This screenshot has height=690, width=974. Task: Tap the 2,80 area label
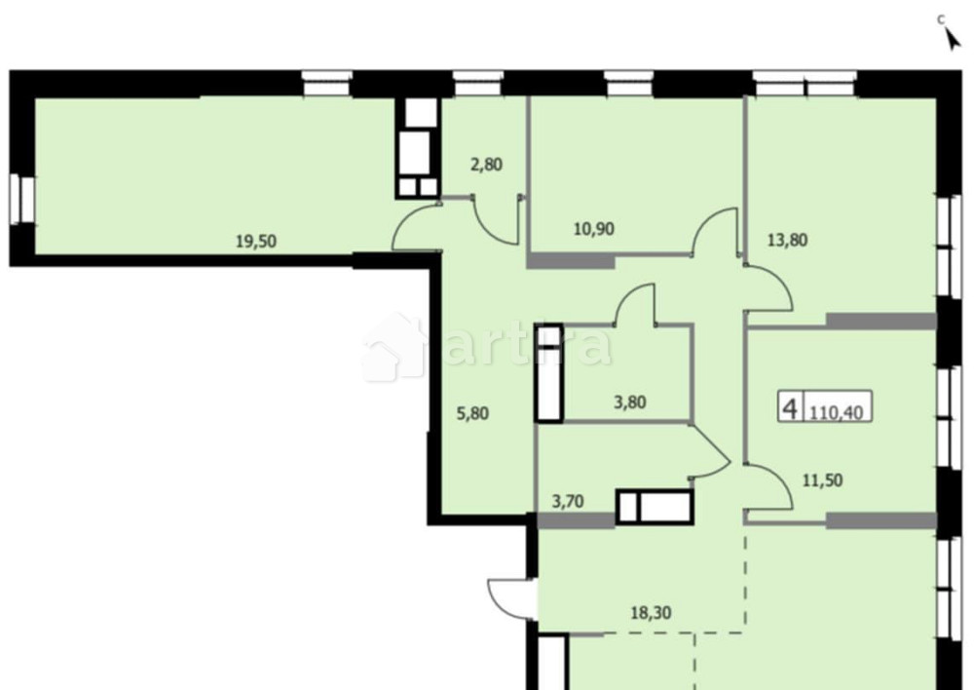click(486, 165)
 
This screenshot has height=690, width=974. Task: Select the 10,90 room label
click(594, 230)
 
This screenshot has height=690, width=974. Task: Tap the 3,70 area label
click(570, 502)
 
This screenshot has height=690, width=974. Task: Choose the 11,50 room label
click(821, 479)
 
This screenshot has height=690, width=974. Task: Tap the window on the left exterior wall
click(20, 201)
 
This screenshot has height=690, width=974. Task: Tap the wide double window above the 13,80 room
click(805, 85)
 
